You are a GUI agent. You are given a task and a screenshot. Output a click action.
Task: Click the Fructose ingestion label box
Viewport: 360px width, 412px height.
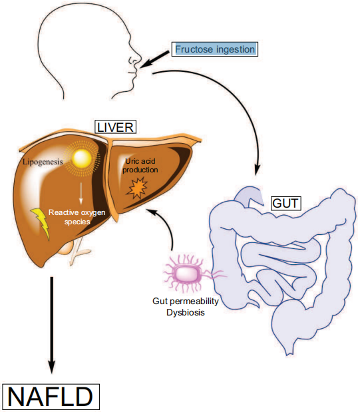point(215,49)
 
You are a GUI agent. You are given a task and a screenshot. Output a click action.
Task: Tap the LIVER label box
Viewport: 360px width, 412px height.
point(115,127)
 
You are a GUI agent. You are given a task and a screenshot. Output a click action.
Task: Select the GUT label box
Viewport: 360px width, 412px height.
point(285,203)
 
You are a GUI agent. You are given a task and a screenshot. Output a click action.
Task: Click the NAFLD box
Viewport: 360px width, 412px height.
point(51,397)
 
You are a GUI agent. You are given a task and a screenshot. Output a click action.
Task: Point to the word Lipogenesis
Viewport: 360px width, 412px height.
point(43,162)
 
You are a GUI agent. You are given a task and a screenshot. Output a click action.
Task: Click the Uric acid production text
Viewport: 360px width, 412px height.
point(140,165)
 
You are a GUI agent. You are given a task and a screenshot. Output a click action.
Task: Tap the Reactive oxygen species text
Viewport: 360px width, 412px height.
point(77,217)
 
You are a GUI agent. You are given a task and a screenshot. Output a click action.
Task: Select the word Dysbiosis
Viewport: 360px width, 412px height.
point(186,313)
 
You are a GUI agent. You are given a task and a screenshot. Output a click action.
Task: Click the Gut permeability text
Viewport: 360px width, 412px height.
point(186,301)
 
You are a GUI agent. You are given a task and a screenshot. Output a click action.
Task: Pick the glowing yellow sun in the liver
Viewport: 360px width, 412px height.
point(82,158)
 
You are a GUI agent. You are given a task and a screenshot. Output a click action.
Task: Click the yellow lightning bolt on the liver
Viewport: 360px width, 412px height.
point(41,222)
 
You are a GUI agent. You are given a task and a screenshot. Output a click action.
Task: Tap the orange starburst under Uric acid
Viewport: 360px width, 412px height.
point(137,188)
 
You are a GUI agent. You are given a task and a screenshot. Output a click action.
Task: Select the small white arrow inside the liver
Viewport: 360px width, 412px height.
point(81,193)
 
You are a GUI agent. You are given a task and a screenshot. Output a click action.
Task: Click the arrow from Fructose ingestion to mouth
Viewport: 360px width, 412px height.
point(155,59)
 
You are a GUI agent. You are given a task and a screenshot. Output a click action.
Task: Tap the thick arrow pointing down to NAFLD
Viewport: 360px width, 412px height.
point(52,325)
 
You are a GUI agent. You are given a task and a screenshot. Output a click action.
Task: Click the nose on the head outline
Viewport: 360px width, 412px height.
point(136,60)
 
